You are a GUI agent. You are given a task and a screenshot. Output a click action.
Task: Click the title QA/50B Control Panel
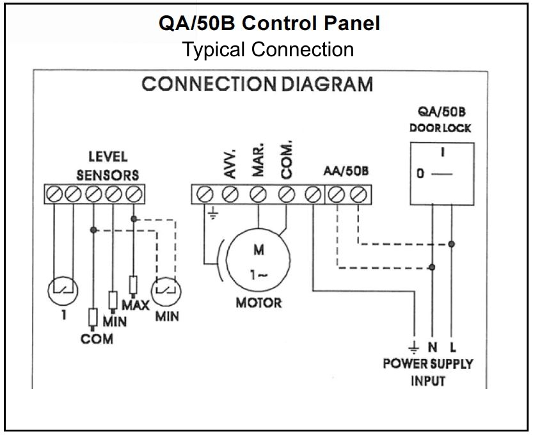269,24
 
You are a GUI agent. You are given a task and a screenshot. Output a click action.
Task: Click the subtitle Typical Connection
268,49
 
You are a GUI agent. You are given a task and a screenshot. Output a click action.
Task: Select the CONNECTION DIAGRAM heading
257,84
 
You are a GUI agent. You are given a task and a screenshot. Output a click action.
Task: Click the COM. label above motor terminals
286,159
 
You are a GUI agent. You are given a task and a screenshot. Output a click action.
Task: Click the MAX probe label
136,305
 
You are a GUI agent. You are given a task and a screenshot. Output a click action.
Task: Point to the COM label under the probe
97,339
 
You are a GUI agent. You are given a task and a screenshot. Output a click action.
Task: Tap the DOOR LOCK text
440,128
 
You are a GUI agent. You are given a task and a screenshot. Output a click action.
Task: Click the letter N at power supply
433,347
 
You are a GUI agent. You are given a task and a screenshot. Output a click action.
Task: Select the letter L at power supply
452,347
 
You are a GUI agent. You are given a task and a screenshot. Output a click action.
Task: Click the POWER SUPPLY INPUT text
428,372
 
